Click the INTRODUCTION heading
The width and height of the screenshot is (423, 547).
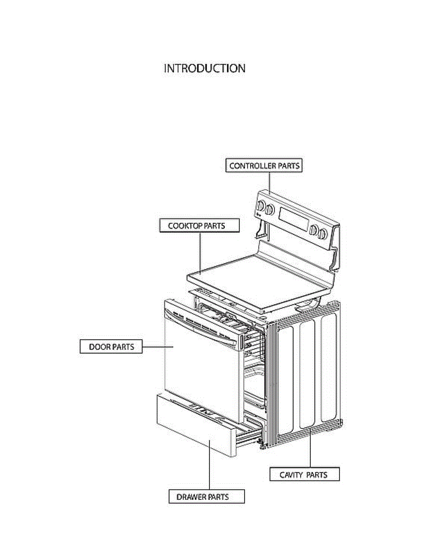(x=204, y=68)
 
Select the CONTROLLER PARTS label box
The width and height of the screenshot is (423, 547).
(x=264, y=165)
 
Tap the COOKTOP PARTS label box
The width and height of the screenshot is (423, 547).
(x=199, y=225)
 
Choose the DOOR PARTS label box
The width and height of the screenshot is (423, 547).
(x=111, y=346)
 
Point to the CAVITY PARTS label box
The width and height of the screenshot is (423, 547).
(x=303, y=475)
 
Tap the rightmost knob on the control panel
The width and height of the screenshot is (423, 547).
(x=323, y=234)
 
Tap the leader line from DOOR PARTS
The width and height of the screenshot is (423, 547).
(x=157, y=347)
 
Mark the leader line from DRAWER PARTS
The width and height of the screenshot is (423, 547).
(x=209, y=465)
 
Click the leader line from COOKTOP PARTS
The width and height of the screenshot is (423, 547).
(x=201, y=251)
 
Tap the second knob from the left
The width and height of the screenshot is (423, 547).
(x=270, y=210)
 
